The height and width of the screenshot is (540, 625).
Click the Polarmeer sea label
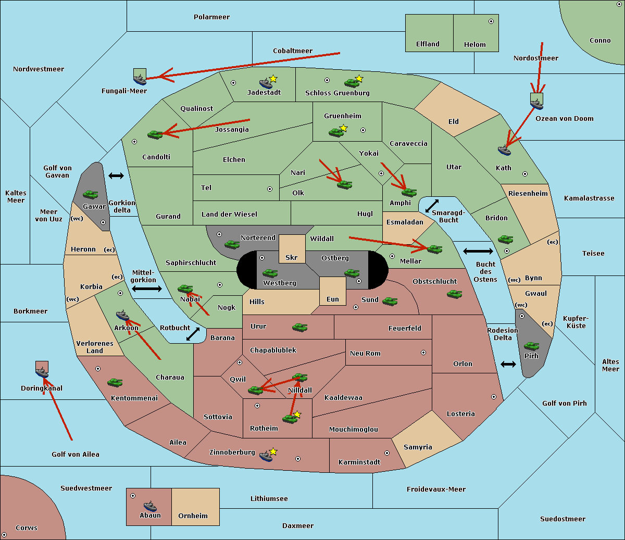point(211,17)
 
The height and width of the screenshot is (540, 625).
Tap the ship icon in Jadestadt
point(266,83)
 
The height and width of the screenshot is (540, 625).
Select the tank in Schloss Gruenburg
point(352,82)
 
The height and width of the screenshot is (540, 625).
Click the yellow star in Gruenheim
point(343,128)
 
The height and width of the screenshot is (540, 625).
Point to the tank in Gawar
point(91,194)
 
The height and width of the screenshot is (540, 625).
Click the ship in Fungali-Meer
point(140,80)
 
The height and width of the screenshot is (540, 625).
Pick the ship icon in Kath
point(504,150)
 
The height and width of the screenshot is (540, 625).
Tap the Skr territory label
point(291,257)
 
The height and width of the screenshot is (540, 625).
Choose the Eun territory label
point(333,299)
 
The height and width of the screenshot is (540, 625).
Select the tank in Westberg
point(270,273)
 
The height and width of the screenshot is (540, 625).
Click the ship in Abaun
point(150,506)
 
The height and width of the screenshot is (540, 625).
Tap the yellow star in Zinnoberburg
point(273,451)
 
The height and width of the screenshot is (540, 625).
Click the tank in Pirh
point(531,346)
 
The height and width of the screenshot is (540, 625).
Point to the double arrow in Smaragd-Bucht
point(432,206)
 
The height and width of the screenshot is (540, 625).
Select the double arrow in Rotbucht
point(193,334)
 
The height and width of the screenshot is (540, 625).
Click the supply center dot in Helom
point(491,21)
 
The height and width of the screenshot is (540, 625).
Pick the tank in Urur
point(299,328)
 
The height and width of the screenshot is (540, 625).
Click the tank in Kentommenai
point(115,383)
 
